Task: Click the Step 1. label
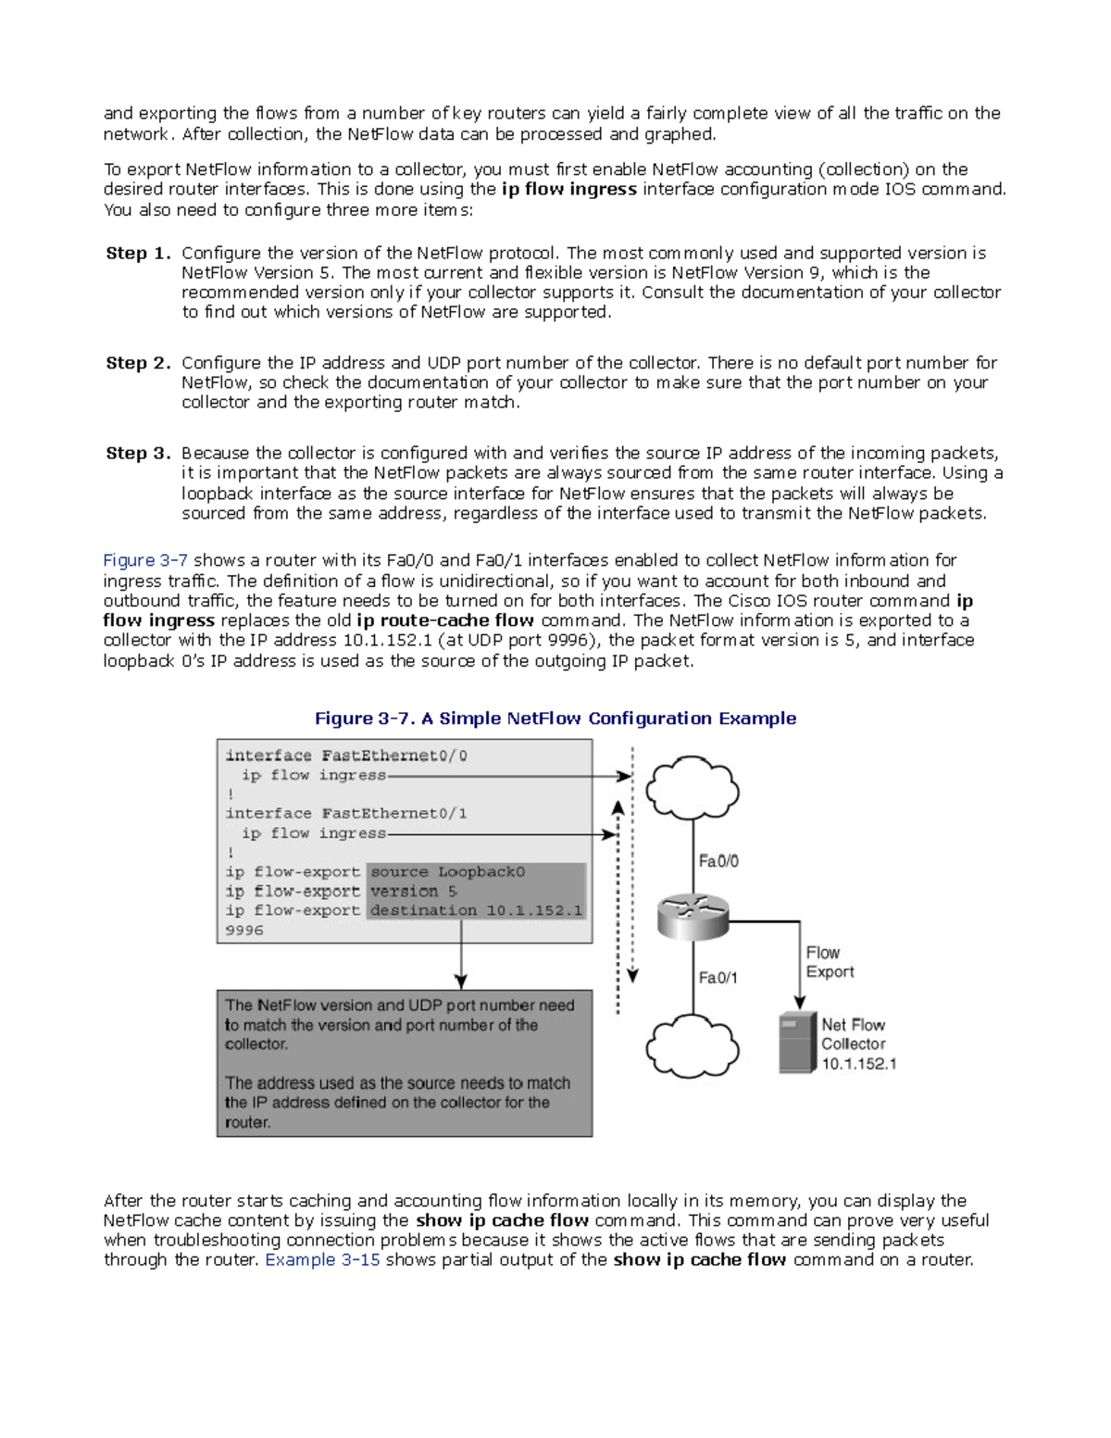pos(138,254)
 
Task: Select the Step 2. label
pos(138,363)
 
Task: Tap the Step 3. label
pos(138,453)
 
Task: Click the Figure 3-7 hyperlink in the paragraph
pos(145,560)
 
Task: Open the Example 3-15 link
pos(322,1259)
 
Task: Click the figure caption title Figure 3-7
pos(555,719)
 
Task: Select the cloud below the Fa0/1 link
pos(692,1047)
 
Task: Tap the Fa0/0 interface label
pos(718,861)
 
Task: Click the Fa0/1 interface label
pos(718,978)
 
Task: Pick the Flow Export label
pos(829,962)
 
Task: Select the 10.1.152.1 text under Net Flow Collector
pos(859,1064)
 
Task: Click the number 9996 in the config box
pos(244,931)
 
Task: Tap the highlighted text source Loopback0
pos(448,872)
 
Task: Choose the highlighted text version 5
pos(414,892)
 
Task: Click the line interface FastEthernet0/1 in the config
pos(346,814)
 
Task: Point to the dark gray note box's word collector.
pos(256,1044)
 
